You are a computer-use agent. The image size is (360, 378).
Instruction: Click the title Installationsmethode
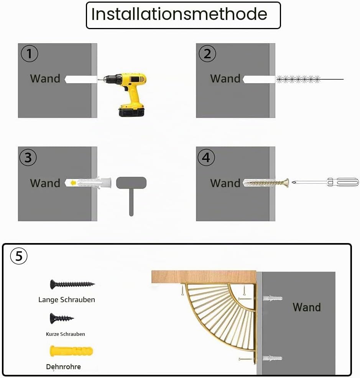pos(179,14)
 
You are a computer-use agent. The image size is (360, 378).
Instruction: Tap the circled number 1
pos(30,54)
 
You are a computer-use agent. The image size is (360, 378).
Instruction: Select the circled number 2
pos(207,54)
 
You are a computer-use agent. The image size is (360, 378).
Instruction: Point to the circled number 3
pos(28,158)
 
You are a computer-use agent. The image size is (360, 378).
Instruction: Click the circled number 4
pos(206,158)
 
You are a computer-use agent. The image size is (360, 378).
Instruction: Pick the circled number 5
pos(19,256)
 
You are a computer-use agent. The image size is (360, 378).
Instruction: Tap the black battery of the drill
pos(132,112)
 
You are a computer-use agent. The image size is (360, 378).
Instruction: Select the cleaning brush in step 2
pos(310,79)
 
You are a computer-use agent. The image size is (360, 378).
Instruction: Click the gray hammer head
pos(131,183)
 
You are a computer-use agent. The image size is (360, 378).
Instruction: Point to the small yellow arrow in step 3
pos(73,183)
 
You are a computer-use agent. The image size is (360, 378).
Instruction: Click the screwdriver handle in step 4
pos(343,182)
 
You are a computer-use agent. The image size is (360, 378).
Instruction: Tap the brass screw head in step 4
pos(286,183)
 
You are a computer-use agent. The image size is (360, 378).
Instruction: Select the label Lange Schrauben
pos(67,300)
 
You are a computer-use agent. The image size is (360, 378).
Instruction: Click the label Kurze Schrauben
pos(65,334)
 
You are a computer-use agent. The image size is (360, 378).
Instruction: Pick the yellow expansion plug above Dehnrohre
pos(71,351)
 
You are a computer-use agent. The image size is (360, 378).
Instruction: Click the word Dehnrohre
pos(63,366)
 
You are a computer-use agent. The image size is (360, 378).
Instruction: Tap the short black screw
pos(62,318)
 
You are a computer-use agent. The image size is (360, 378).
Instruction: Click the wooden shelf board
pos(204,277)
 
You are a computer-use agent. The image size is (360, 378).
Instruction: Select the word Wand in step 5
pos(307,307)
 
